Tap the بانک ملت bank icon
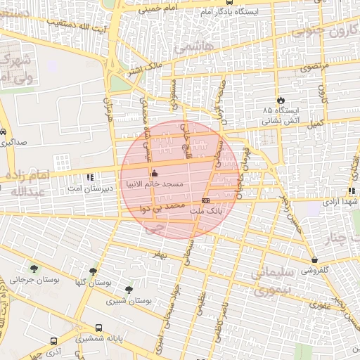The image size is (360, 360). click(x=205, y=200)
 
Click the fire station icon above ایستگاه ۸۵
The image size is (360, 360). click(x=282, y=101)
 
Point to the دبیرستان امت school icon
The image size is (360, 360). click(x=89, y=177)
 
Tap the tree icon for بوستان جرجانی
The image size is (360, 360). click(x=33, y=268)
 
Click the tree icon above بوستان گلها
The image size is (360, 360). click(x=93, y=271)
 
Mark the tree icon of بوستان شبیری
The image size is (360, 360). click(x=128, y=289)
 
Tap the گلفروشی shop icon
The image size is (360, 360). click(x=314, y=259)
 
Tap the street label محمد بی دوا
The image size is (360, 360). click(x=163, y=207)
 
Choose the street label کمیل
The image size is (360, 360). click(x=316, y=123)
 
